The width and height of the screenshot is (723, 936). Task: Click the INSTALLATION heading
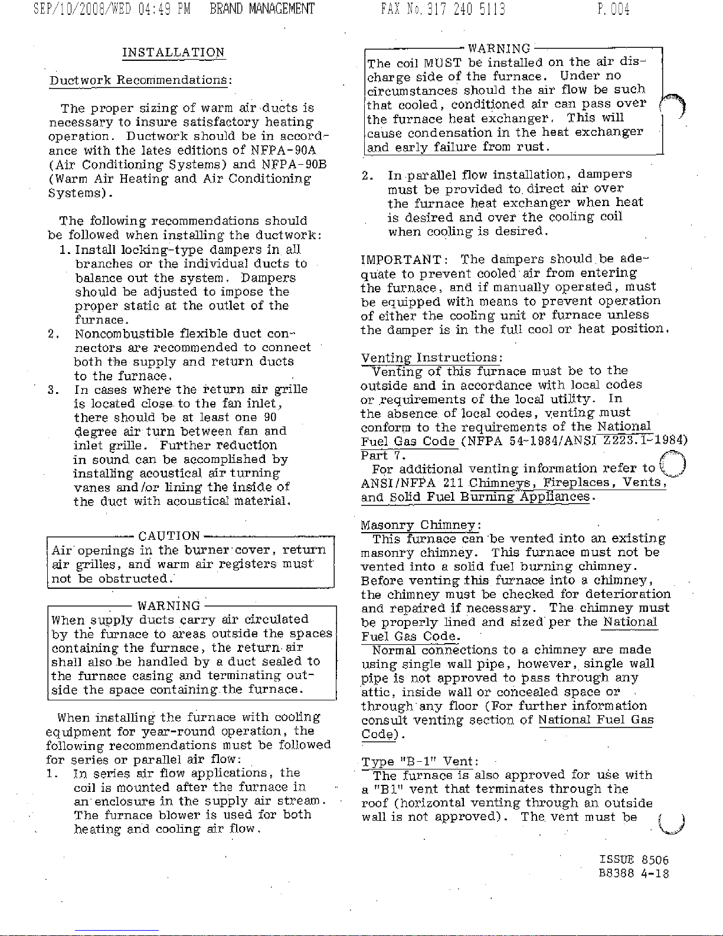tap(173, 52)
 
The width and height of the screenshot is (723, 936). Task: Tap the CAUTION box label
tap(169, 536)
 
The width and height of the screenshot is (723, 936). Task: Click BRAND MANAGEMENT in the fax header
tap(262, 9)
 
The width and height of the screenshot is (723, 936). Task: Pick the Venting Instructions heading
tap(431, 357)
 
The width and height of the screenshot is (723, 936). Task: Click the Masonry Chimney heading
tap(421, 524)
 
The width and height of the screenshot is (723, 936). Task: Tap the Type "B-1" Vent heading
tap(420, 761)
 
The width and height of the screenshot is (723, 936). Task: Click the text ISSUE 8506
tap(634, 860)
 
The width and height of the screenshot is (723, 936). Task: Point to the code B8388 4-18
tap(634, 873)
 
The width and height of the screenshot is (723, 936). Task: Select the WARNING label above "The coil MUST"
tap(499, 48)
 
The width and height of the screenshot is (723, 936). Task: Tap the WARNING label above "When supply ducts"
tap(169, 606)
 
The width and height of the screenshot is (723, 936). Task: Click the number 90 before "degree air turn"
tap(270, 418)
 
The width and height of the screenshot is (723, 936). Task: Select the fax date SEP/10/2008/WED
tap(76, 9)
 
